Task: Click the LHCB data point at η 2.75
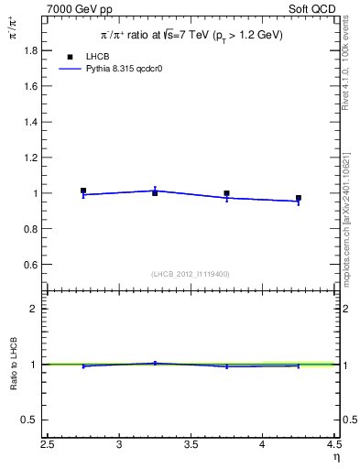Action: click(x=83, y=191)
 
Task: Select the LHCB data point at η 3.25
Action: click(x=155, y=193)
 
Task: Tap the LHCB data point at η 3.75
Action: click(x=226, y=193)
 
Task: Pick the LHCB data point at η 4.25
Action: click(x=299, y=198)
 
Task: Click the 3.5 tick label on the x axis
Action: click(x=191, y=445)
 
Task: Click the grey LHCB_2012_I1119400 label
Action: click(x=191, y=274)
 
